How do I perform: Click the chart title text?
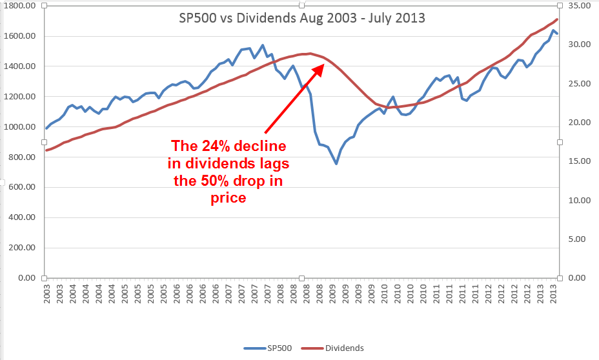[302, 18]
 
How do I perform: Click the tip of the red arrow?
[323, 65]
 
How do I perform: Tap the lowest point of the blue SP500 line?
[336, 164]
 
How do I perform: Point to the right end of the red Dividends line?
[557, 19]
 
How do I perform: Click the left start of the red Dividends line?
[46, 150]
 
